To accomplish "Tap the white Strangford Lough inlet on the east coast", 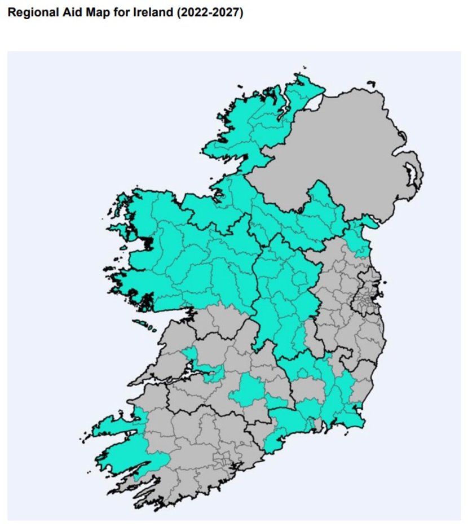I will click(416, 175).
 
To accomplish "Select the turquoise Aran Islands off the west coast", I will click(144, 325).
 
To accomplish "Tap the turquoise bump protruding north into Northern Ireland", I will click(321, 198).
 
